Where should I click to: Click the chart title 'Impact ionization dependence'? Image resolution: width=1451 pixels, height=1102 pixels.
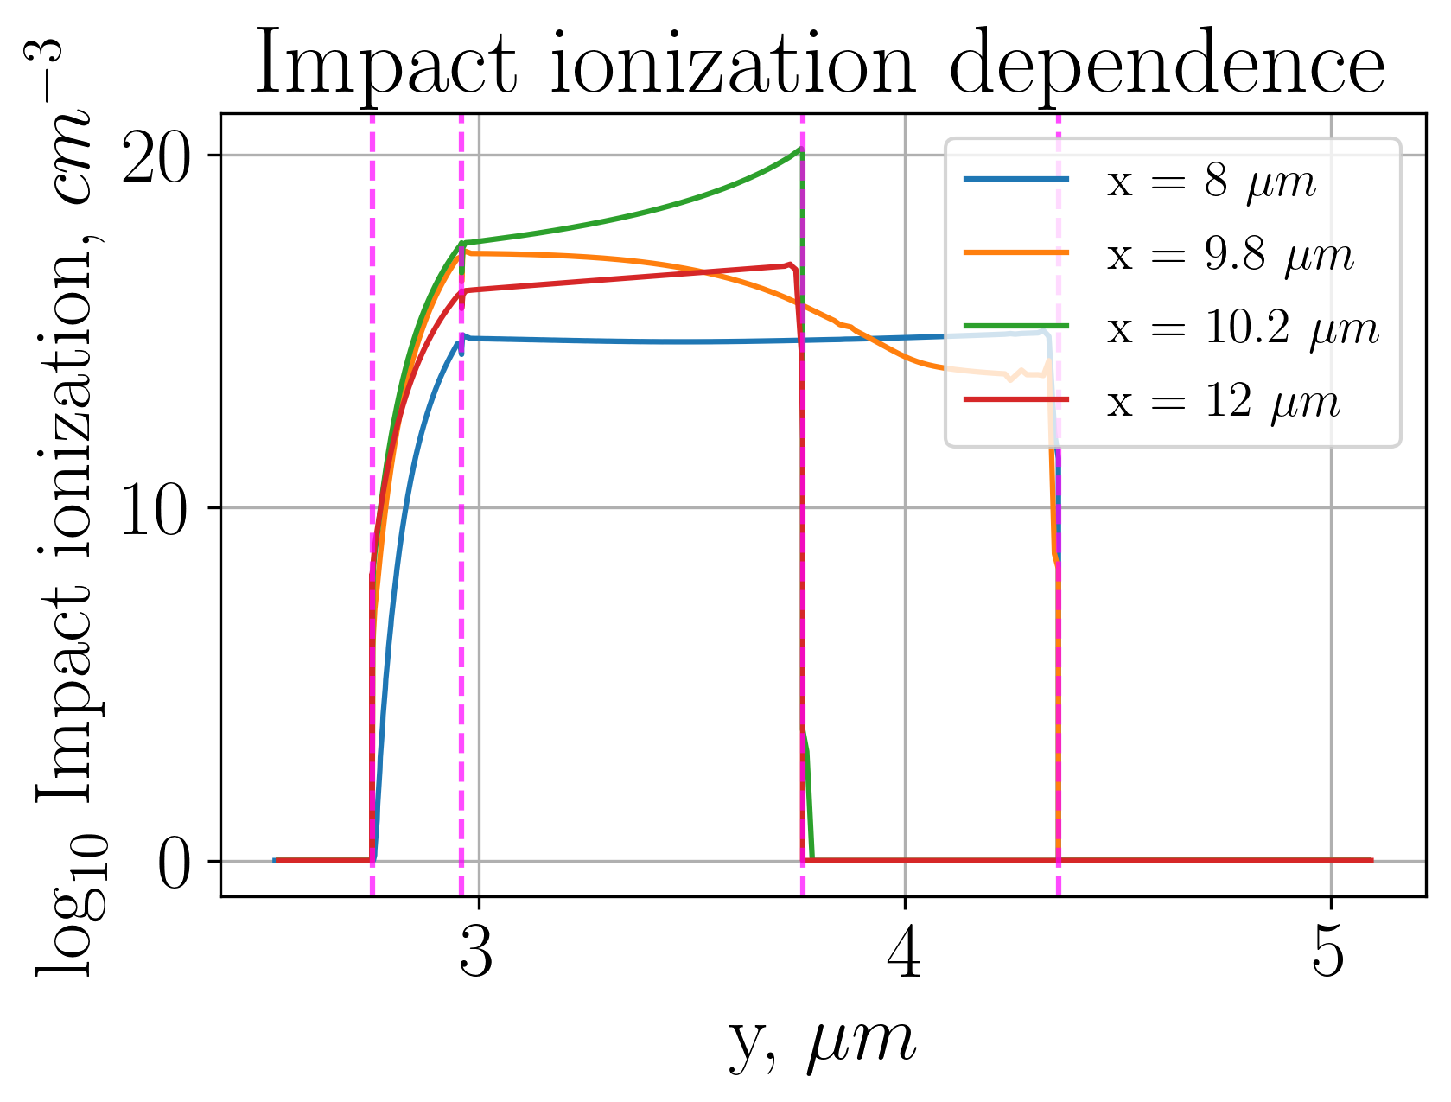pos(819,66)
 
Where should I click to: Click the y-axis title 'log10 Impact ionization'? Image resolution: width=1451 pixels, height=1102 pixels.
pos(65,510)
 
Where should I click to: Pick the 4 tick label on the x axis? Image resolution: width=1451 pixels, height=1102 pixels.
pos(905,955)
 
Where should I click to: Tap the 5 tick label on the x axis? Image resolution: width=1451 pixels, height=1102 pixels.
pos(1330,955)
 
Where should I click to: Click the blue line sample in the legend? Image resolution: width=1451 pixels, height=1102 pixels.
pos(1016,180)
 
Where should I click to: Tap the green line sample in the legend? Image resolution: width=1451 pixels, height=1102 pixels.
pos(1016,326)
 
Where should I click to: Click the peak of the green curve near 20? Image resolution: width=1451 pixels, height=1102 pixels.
pos(799,150)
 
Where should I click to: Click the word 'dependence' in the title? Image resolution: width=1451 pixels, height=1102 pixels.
pos(1167,66)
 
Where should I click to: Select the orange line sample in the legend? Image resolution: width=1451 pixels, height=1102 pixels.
pos(1016,252)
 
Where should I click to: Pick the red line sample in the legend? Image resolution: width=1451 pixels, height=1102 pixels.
pos(1016,399)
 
